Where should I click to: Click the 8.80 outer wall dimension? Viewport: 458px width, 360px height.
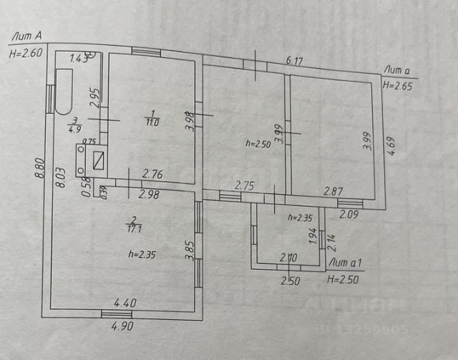[37, 172]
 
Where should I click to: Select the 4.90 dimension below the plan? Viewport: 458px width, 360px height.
[122, 326]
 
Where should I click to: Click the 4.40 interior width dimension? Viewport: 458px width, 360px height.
[124, 303]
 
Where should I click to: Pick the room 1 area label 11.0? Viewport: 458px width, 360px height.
[152, 117]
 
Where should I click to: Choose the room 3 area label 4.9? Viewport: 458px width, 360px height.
[74, 126]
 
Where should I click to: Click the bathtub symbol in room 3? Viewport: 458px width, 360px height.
[64, 92]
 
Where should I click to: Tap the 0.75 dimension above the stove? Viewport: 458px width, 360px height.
[89, 141]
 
